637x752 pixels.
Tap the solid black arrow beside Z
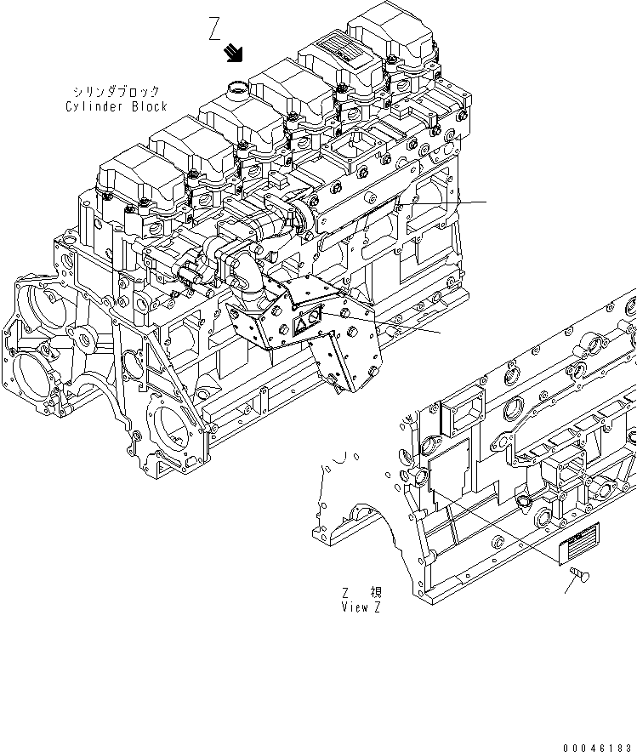click(x=232, y=54)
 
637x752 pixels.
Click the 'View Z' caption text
click(x=361, y=607)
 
